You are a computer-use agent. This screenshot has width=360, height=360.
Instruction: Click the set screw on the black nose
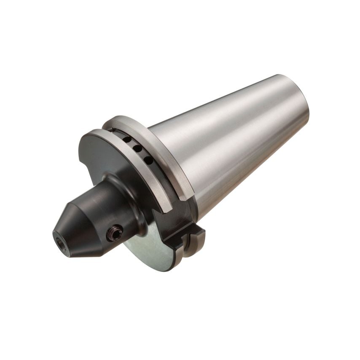115,232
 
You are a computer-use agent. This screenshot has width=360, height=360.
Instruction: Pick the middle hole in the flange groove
137,149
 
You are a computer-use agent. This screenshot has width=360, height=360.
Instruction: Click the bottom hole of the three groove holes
148,159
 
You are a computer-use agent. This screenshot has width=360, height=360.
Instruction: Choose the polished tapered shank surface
236,148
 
